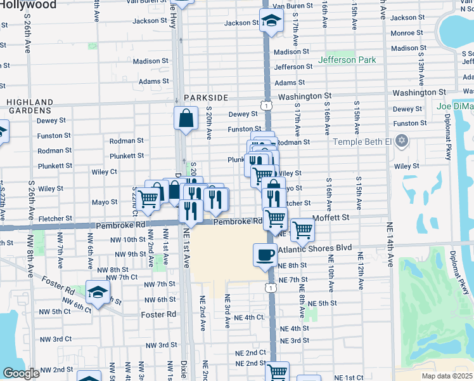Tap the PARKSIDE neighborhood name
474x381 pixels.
coord(206,98)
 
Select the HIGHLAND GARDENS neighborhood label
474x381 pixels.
coord(30,106)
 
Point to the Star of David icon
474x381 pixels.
coord(400,140)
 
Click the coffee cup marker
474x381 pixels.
coord(265,255)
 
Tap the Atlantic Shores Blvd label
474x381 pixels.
coord(315,248)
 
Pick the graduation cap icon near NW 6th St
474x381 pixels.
coord(98,291)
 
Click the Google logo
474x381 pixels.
coord(21,373)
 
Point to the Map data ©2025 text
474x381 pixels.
coord(447,376)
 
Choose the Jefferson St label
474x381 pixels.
coord(293,67)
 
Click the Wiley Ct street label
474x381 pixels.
coord(104,171)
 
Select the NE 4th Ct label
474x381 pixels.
coord(248,317)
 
